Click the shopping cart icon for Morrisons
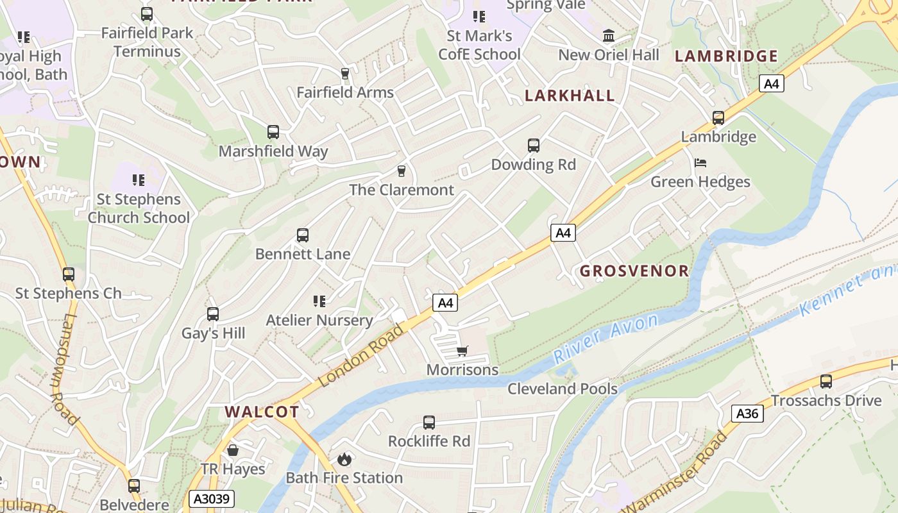pyautogui.click(x=462, y=351)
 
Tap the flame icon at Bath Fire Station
pyautogui.click(x=344, y=459)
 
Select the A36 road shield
pyautogui.click(x=747, y=414)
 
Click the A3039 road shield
pyautogui.click(x=212, y=498)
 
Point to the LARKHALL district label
pyautogui.click(x=570, y=96)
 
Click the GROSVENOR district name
pyautogui.click(x=634, y=271)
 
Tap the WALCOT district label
pyautogui.click(x=262, y=412)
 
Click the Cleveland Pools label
pyautogui.click(x=563, y=389)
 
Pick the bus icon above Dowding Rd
pyautogui.click(x=534, y=146)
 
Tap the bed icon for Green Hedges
pyautogui.click(x=700, y=163)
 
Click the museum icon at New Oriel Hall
pyautogui.click(x=609, y=36)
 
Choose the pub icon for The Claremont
pyautogui.click(x=402, y=171)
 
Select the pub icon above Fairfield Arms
pyautogui.click(x=345, y=74)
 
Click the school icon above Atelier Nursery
pyautogui.click(x=319, y=301)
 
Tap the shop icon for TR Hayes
pyautogui.click(x=233, y=450)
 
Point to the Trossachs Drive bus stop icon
pyautogui.click(x=826, y=382)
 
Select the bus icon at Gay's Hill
pyautogui.click(x=213, y=314)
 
